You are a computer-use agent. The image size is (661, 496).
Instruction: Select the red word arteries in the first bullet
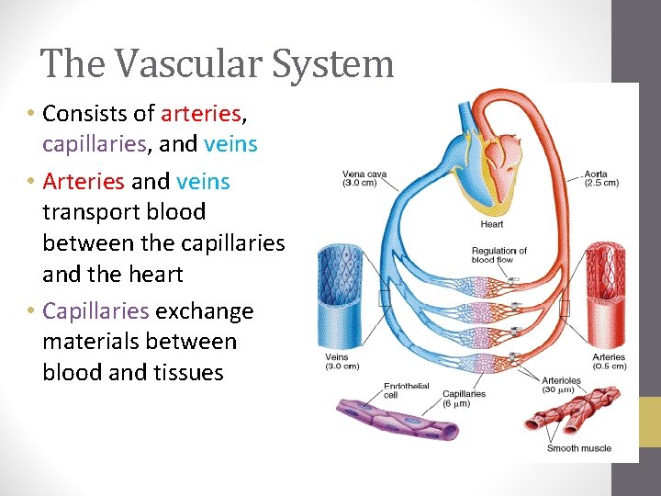tap(200, 114)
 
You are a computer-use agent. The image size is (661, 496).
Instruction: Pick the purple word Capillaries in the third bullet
tap(95, 311)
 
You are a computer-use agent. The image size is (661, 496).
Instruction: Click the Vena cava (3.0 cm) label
tap(364, 178)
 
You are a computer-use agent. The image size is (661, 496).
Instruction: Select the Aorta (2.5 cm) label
tap(601, 178)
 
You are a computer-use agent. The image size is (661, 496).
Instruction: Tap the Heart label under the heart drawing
tap(491, 224)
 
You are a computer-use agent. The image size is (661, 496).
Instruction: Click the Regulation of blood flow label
tap(499, 255)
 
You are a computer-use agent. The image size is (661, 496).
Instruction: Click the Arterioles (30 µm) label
tap(559, 384)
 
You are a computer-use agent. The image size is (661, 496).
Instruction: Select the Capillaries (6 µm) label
tap(464, 399)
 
